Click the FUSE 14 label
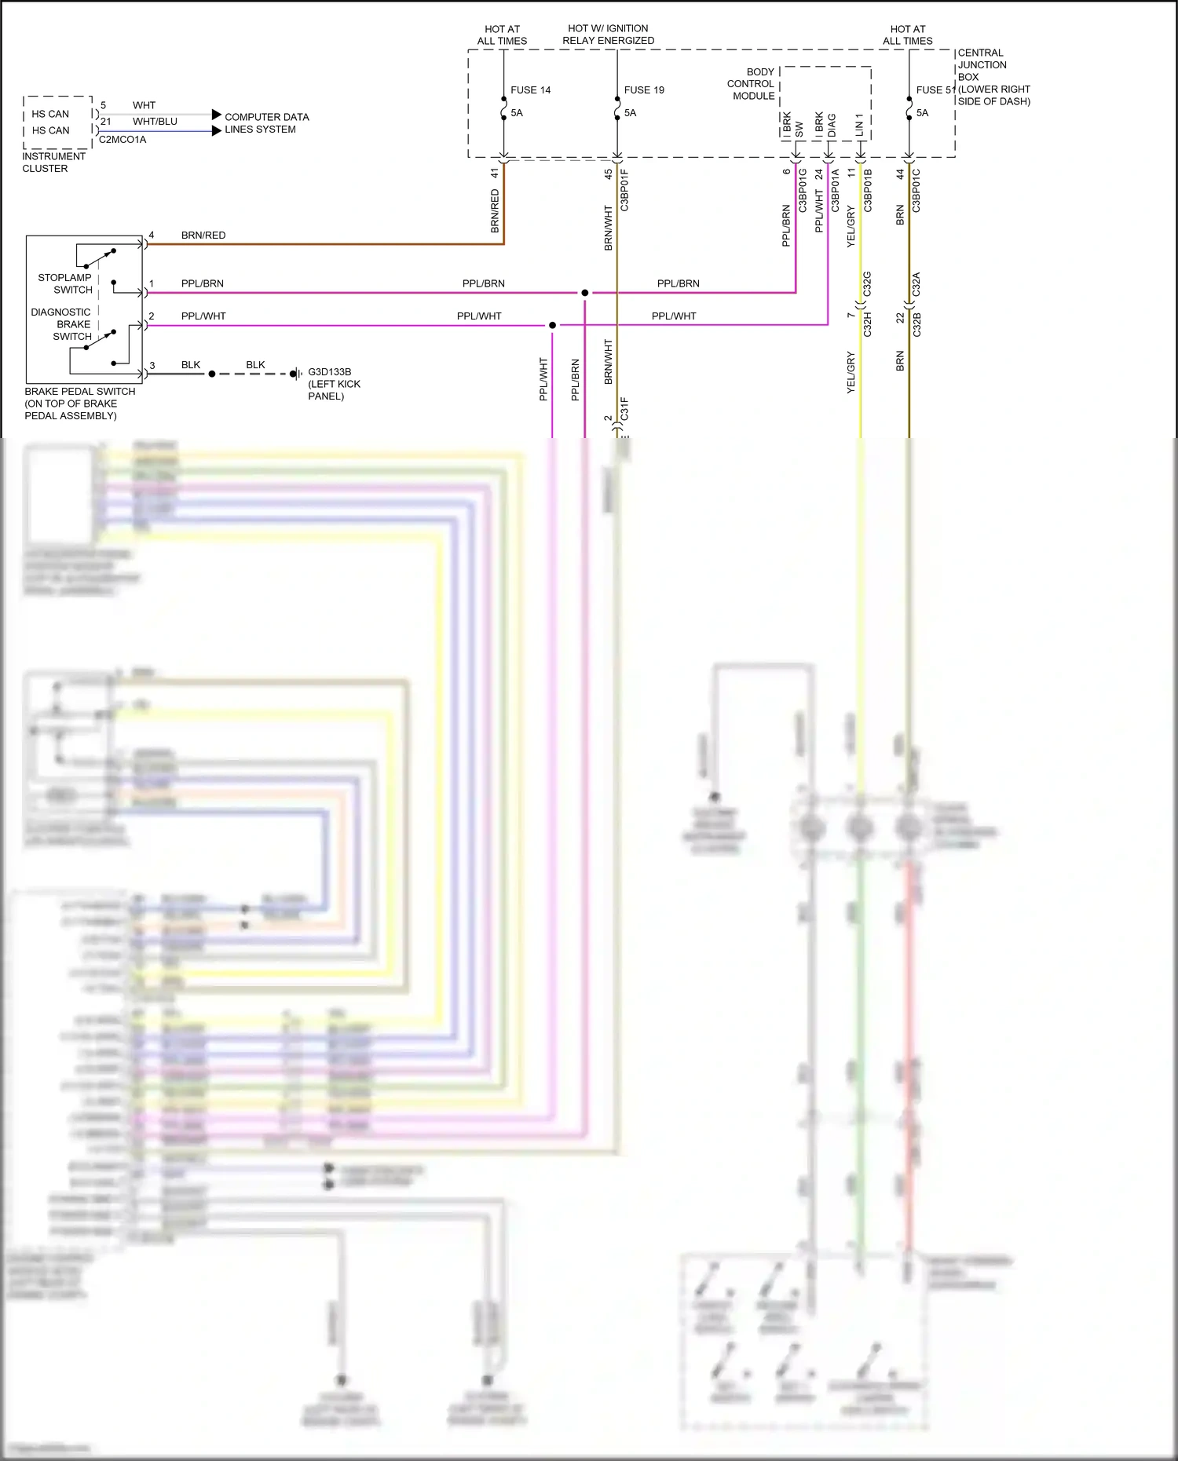point(530,90)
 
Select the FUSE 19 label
point(644,90)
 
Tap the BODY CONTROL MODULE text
point(751,84)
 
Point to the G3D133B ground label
point(329,372)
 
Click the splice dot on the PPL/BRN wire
point(584,293)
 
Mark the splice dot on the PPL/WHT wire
point(552,325)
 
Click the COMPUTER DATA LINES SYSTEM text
point(266,123)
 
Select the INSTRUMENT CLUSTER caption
point(53,163)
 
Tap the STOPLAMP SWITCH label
point(65,283)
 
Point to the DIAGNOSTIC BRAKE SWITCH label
point(63,324)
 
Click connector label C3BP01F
point(625,191)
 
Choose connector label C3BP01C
point(916,191)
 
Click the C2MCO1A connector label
point(123,140)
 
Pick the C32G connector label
point(867,283)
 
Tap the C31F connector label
point(625,409)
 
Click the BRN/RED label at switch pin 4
point(203,236)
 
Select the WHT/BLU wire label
point(155,122)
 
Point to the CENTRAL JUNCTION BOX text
point(982,65)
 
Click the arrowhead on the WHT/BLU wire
point(217,131)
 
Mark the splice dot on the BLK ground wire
point(212,374)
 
